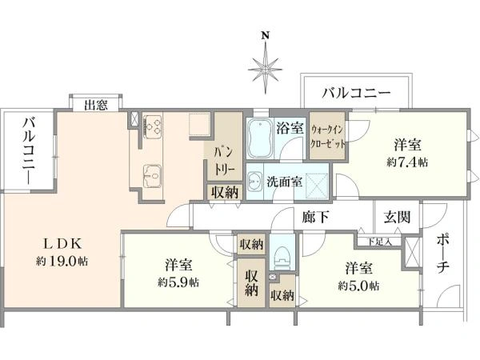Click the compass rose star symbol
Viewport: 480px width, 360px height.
pos(265,70)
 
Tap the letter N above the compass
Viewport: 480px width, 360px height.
pos(265,36)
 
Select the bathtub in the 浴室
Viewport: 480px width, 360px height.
pos(260,138)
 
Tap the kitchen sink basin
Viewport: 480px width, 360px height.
pos(153,176)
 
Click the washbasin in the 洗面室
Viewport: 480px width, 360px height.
pos(254,182)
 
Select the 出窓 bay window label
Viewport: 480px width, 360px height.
pos(96,106)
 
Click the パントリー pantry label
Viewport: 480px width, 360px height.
pos(224,162)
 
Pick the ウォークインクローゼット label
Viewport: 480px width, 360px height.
pos(328,137)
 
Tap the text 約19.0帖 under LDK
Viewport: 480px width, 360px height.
pos(62,262)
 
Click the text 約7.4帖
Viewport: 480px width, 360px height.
pos(407,162)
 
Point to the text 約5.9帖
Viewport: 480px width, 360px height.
pos(178,282)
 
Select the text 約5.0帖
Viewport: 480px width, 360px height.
pos(358,286)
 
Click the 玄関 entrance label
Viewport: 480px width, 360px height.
pos(397,217)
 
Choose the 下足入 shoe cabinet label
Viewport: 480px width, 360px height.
pos(379,242)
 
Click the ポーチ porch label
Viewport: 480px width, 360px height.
pos(442,254)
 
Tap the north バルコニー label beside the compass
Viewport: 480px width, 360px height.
pos(356,93)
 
